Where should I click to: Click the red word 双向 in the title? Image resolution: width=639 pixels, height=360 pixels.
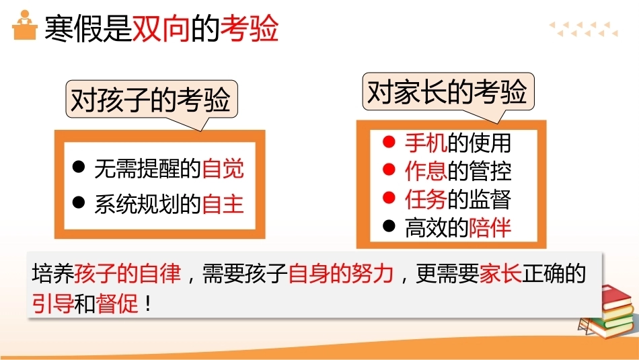click(x=161, y=28)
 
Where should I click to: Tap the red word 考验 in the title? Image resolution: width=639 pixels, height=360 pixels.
click(x=249, y=28)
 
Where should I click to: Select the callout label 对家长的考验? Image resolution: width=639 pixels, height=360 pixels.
click(x=448, y=92)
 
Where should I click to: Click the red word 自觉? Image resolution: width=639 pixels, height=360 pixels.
click(x=223, y=168)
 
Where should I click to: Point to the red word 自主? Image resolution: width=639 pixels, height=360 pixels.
click(x=223, y=204)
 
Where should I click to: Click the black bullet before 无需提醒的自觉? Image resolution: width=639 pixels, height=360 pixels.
click(x=78, y=166)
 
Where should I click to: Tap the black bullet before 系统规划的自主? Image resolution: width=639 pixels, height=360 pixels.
click(x=78, y=202)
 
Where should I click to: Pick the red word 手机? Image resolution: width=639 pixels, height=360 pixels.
click(x=426, y=143)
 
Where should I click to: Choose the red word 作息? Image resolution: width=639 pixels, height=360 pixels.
click(x=426, y=171)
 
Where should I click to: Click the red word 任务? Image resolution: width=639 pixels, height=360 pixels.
click(x=426, y=199)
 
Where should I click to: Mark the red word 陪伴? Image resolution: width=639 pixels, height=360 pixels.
click(x=490, y=227)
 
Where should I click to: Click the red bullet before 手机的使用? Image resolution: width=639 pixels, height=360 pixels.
click(x=389, y=141)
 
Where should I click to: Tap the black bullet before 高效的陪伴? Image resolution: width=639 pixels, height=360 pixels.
click(x=389, y=226)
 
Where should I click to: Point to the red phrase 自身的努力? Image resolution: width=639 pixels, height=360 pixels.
click(x=341, y=274)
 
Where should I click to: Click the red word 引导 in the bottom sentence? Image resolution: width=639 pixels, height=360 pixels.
click(x=53, y=303)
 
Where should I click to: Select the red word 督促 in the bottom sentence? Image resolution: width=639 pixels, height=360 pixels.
click(x=116, y=303)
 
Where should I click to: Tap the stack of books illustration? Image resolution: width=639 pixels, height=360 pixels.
click(x=607, y=312)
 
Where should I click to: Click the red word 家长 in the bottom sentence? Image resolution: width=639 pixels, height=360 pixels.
click(x=500, y=274)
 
